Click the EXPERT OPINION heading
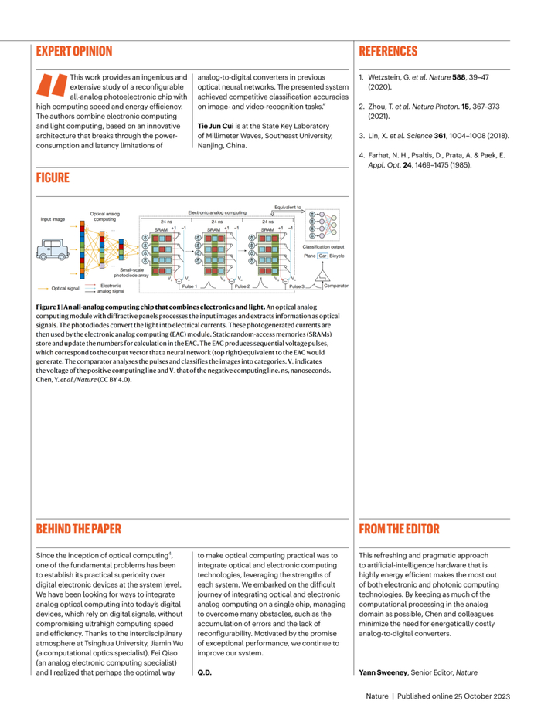[x=74, y=52]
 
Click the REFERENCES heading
[x=388, y=52]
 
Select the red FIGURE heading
[x=53, y=178]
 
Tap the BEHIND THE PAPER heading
[x=79, y=530]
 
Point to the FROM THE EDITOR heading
[x=399, y=530]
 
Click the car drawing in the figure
[x=53, y=249]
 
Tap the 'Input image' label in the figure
[x=53, y=219]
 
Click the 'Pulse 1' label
[x=189, y=286]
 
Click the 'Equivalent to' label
[x=288, y=207]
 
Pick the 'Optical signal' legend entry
[x=65, y=288]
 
